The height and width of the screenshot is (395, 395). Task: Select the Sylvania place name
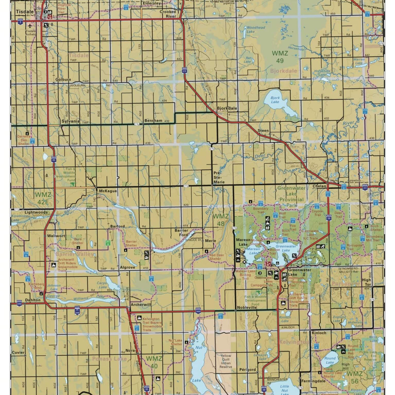70,121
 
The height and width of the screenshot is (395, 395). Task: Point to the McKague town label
108,190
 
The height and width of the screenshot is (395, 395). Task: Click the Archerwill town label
141,304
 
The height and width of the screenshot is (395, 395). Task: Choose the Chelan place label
319,186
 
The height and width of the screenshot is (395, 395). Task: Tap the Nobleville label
247,307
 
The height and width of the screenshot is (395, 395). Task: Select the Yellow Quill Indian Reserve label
226,361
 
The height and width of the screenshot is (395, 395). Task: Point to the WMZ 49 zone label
280,57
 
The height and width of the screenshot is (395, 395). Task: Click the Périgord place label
248,370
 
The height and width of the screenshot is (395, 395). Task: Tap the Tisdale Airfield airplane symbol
31,25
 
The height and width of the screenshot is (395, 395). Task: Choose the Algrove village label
127,267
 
